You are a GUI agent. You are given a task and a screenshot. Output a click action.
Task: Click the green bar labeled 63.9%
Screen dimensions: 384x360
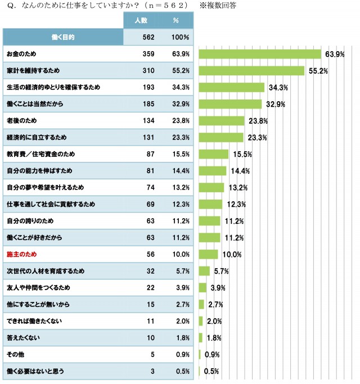(x=260, y=54)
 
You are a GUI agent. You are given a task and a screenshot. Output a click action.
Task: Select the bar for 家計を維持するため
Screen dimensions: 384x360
(x=251, y=71)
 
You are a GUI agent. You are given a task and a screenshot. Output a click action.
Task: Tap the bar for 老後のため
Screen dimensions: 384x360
(x=222, y=121)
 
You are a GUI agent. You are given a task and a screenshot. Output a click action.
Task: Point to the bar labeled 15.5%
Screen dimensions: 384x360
(x=214, y=154)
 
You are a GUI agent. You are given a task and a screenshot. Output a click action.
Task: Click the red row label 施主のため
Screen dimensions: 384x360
(x=21, y=254)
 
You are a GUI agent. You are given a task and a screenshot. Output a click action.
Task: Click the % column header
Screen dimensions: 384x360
(x=175, y=20)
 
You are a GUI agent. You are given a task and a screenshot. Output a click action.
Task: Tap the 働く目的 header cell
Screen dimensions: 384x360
(x=62, y=37)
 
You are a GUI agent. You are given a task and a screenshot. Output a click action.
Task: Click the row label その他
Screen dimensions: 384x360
(x=14, y=355)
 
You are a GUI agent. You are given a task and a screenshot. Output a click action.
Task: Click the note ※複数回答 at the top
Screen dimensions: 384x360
(x=219, y=5)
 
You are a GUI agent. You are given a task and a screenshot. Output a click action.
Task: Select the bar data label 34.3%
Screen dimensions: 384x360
(x=278, y=88)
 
